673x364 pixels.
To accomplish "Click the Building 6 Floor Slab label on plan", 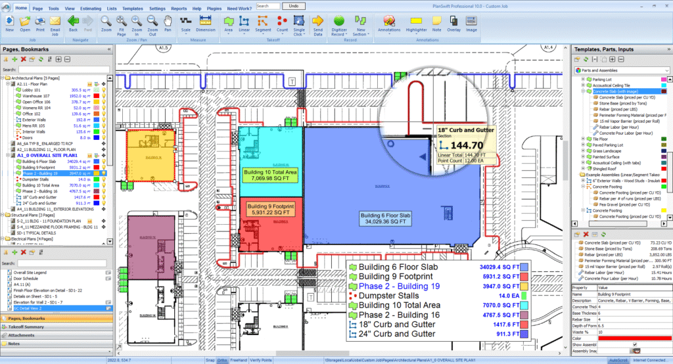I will pos(386,218).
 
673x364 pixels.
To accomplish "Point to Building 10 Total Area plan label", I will pos(270,174).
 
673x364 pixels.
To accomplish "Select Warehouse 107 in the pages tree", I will pos(37,96).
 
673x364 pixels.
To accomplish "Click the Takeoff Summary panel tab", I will pos(26,327).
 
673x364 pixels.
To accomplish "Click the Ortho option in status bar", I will pos(222,360).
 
